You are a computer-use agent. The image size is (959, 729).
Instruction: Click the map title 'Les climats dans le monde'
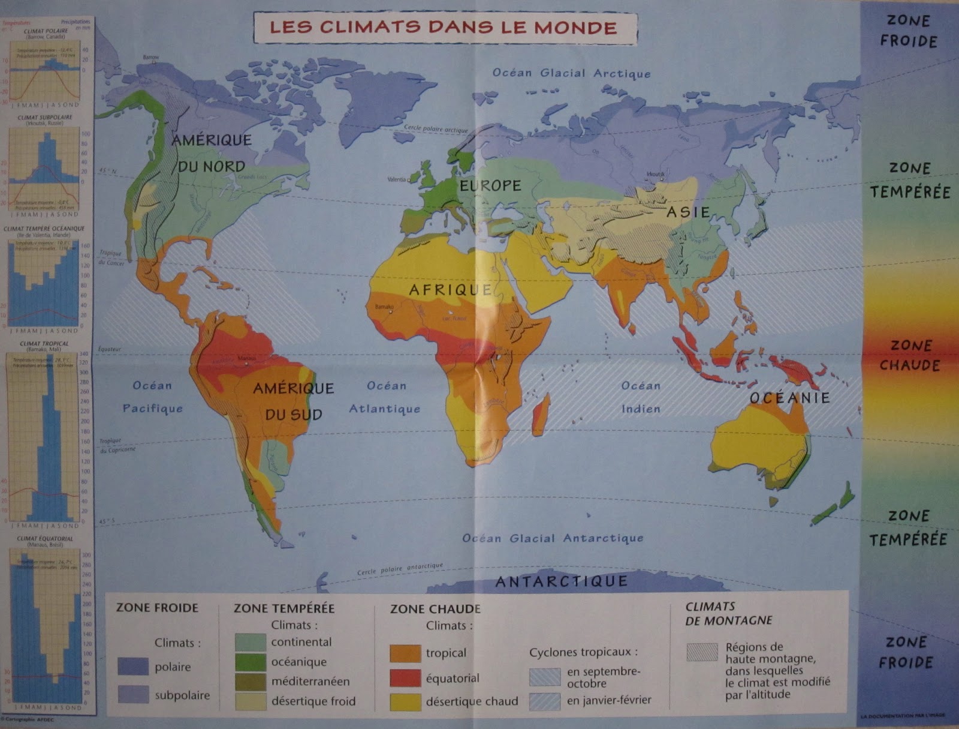coord(444,28)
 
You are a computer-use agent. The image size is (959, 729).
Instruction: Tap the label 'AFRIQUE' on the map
coord(451,290)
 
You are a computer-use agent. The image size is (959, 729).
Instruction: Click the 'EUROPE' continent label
coord(490,186)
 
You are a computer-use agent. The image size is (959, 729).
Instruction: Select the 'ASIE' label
coord(688,212)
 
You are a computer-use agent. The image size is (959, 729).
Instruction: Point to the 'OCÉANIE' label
coord(789,398)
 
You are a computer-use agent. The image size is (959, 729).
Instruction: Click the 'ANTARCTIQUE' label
coord(562,581)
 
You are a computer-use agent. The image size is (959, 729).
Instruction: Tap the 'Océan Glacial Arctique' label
coord(571,73)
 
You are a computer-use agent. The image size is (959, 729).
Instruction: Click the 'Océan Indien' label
coord(641,397)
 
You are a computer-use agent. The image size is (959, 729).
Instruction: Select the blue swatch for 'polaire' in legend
coord(133,667)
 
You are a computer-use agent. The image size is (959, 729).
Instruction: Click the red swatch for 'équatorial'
coord(405,678)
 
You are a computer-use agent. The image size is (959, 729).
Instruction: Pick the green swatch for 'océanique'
coord(250,662)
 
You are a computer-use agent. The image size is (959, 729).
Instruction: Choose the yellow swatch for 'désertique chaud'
coord(405,701)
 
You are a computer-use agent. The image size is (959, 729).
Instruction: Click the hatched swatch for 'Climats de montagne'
coord(702,652)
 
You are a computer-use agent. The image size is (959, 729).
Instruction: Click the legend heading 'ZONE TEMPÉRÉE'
coord(284,608)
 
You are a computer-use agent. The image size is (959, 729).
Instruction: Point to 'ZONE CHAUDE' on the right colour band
coord(909,355)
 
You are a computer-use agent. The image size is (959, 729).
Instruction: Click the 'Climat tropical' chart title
coord(44,344)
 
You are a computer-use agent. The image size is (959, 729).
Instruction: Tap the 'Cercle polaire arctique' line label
coord(436,129)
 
